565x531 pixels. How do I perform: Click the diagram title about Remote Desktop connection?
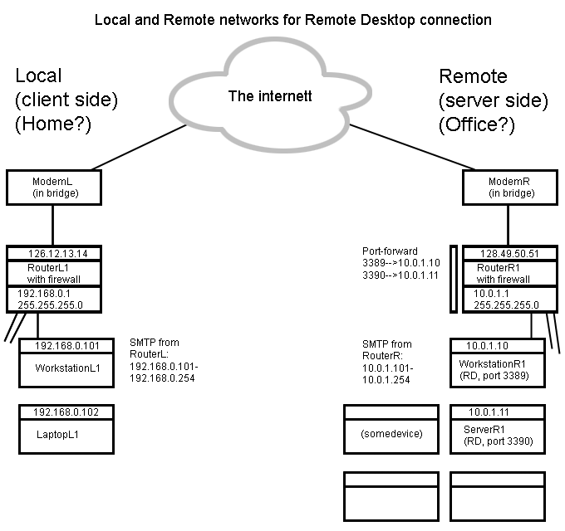coord(293,18)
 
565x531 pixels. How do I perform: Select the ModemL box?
coord(53,188)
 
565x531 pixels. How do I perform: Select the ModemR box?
coord(503,188)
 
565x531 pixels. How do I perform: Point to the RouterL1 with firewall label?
coord(53,274)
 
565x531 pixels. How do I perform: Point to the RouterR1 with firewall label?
coord(503,274)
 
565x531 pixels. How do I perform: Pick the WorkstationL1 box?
coord(66,369)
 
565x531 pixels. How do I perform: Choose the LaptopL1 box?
coord(66,433)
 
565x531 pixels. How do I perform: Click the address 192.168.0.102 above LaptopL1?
coord(66,411)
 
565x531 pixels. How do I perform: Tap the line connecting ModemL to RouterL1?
coord(53,226)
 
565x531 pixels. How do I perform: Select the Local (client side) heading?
coord(66,100)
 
